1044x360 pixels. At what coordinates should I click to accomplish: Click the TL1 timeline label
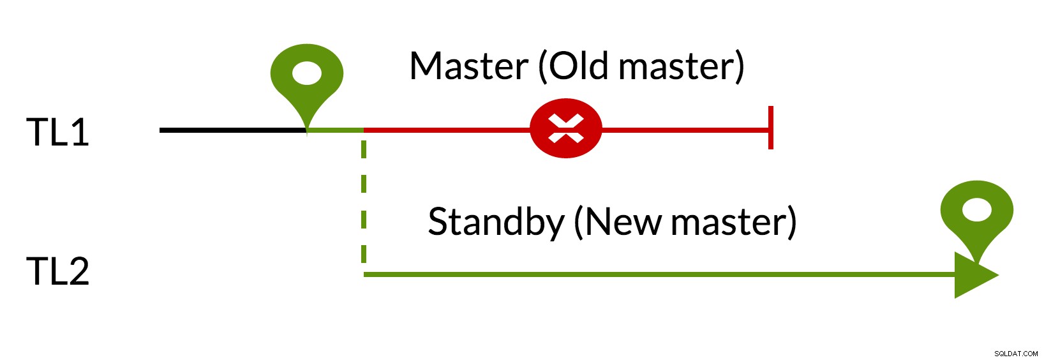click(x=57, y=132)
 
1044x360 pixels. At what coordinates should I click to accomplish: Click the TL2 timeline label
click(x=57, y=271)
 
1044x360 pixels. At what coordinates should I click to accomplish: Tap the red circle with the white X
click(x=566, y=128)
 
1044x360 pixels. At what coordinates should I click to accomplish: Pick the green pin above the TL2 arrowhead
click(x=977, y=219)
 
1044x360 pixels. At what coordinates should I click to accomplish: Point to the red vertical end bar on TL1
click(x=771, y=128)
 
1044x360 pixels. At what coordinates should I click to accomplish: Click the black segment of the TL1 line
click(x=233, y=130)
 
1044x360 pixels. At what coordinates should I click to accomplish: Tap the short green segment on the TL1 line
click(x=335, y=130)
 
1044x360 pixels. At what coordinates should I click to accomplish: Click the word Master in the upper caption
click(x=469, y=66)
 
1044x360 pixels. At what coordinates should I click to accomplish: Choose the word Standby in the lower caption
click(x=496, y=223)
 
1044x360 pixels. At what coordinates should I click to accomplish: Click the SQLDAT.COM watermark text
click(x=1016, y=354)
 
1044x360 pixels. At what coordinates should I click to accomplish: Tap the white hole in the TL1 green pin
click(x=307, y=73)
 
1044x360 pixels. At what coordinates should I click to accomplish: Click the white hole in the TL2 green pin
click(x=977, y=210)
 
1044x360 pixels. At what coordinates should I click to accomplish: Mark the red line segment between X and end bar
click(x=685, y=130)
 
